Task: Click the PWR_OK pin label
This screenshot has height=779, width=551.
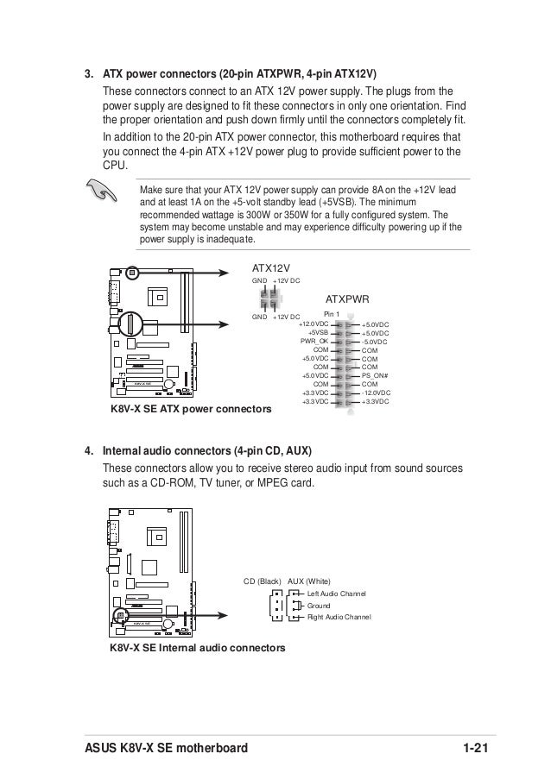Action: coord(315,341)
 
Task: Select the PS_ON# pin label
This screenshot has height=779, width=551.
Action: coord(375,375)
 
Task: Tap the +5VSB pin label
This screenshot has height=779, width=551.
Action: coord(318,332)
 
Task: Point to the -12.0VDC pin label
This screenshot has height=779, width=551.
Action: coord(376,393)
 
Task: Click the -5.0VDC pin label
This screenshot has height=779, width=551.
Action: coord(375,341)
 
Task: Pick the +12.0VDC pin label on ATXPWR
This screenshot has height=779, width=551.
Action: coord(313,324)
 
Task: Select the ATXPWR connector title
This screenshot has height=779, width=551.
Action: coord(346,298)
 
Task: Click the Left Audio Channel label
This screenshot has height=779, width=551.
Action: coord(337,594)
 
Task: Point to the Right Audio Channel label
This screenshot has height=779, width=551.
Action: coord(339,617)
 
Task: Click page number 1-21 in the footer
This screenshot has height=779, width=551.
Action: coord(473,747)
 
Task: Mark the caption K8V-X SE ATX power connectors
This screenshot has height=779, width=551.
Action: coord(190,407)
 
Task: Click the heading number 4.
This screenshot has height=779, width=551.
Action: coord(88,451)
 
